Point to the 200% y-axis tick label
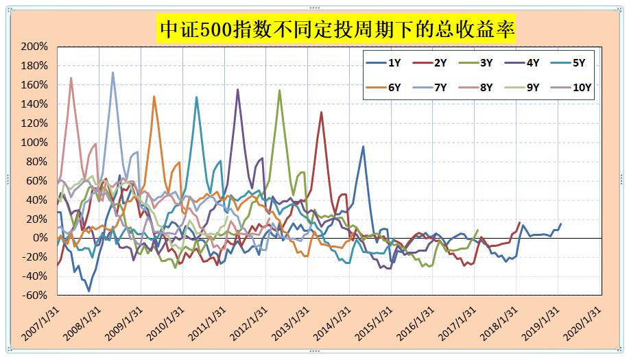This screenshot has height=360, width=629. [x=34, y=47]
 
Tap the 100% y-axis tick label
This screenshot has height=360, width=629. [x=34, y=143]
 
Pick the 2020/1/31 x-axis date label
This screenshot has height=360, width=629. [x=583, y=322]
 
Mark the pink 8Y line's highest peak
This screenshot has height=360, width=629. [x=71, y=77]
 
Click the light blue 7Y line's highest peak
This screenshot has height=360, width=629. [x=113, y=72]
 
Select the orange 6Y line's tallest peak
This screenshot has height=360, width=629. [x=154, y=96]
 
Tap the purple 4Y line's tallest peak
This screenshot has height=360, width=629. [x=238, y=89]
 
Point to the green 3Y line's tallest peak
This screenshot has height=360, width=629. [x=279, y=90]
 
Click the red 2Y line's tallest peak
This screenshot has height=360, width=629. [x=321, y=112]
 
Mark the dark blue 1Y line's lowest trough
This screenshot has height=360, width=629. [x=88, y=291]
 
